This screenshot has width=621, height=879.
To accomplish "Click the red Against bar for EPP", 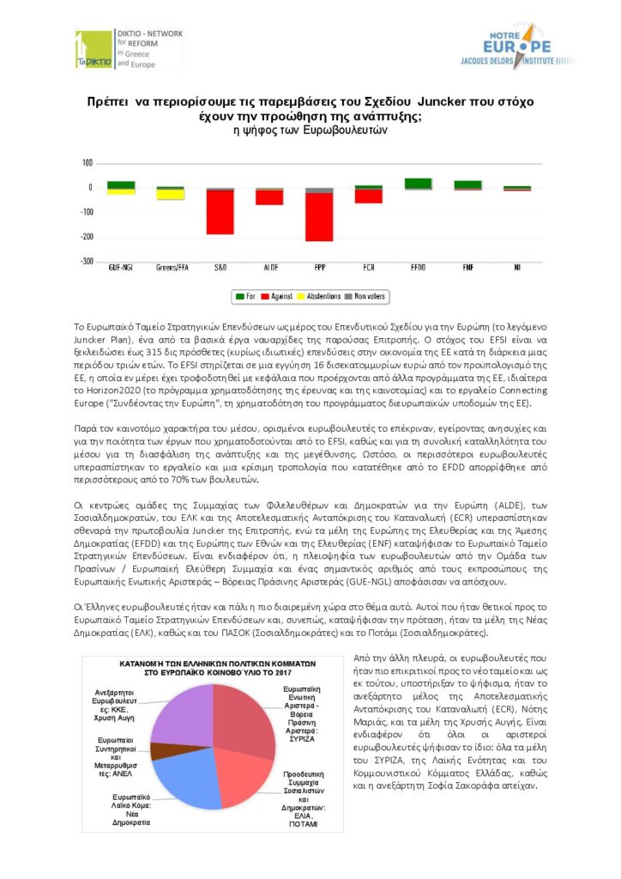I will (319, 216).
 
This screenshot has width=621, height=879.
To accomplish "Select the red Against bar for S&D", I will (220, 211).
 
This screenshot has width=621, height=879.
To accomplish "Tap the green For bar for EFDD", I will (418, 183).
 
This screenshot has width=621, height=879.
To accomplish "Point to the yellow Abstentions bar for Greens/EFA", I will (170, 195).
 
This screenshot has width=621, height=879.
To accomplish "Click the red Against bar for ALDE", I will (269, 197).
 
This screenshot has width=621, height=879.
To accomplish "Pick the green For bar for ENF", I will (467, 185).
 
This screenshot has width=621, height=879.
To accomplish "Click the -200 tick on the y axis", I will (86, 237).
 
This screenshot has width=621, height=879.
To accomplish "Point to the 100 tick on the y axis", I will (87, 163).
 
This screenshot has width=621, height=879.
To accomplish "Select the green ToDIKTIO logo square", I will (93, 50).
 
